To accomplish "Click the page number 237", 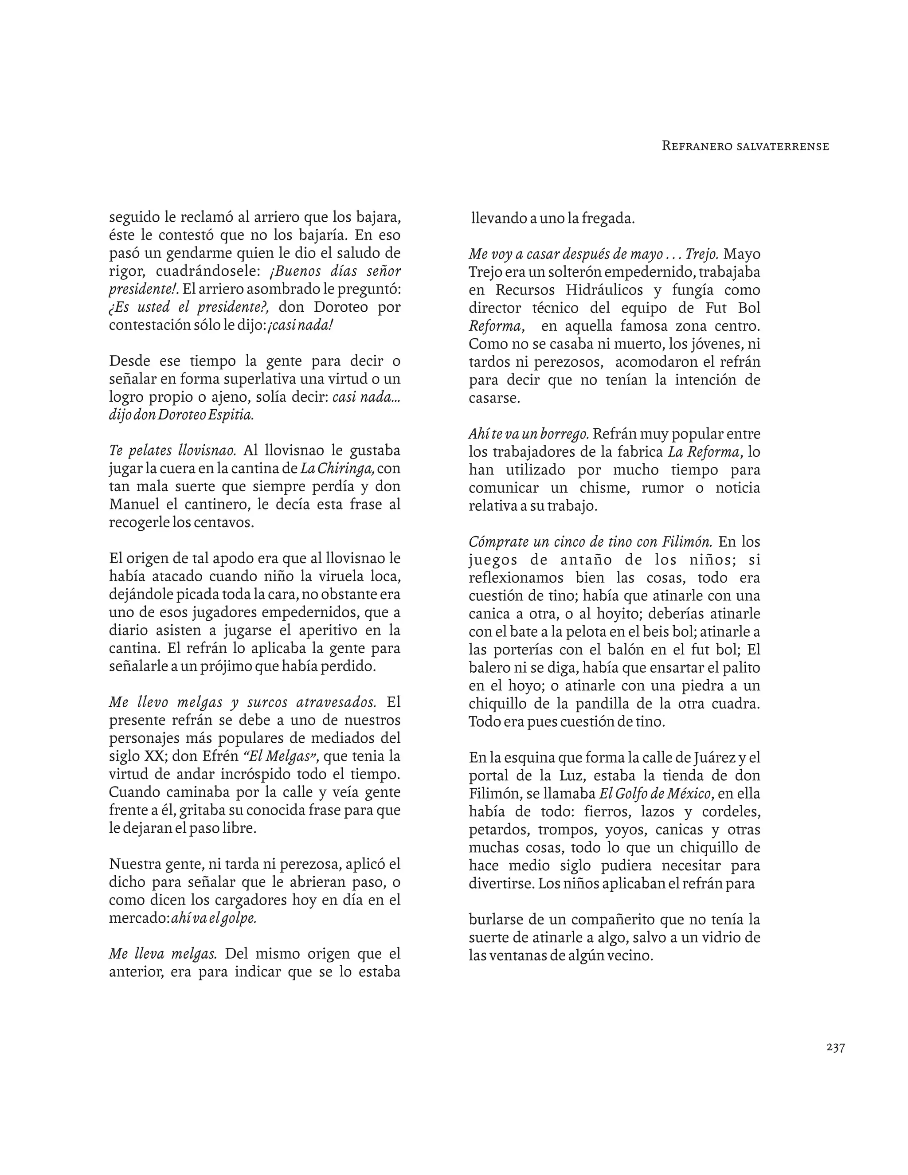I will tap(835, 1062).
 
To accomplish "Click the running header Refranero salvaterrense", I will tap(745, 146).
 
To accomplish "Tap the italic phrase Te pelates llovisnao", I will tap(172, 450).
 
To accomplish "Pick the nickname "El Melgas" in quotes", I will tap(280, 756).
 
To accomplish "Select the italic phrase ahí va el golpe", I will tap(214, 918).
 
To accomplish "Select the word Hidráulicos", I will tap(604, 290).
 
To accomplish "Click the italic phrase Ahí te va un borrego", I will tap(529, 434).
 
